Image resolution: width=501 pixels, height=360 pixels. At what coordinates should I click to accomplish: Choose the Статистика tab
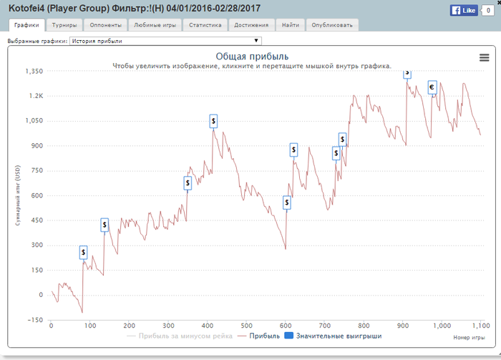point(205,25)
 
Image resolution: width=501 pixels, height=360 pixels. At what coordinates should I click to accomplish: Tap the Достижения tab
point(251,25)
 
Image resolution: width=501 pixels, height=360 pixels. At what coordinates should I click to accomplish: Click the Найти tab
point(291,25)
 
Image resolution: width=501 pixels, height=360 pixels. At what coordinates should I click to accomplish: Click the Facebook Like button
point(464,11)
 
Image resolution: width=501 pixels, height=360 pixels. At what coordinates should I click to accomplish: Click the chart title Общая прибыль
point(252,57)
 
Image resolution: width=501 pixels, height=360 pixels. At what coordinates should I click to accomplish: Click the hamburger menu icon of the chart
point(483,58)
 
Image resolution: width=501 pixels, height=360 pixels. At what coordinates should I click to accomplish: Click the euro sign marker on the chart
point(432,87)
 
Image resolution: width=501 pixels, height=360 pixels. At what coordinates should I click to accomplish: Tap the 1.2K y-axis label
point(36,96)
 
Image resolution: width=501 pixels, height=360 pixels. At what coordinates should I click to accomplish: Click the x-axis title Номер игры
point(469,336)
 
